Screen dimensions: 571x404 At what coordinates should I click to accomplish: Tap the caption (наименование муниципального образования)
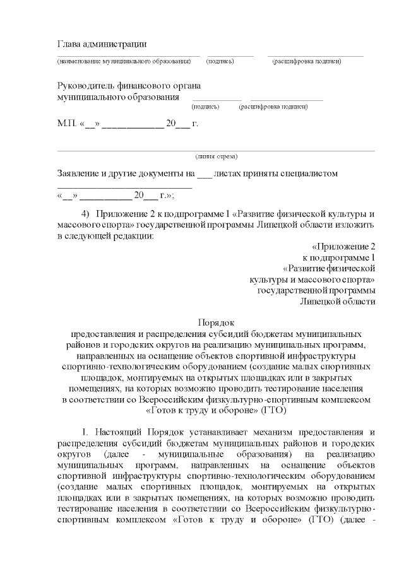tap(124, 62)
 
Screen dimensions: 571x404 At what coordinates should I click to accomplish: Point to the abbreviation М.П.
tap(66, 123)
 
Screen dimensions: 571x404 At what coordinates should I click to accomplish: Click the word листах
tap(232, 173)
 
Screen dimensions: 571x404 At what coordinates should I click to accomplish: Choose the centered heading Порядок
tap(217, 322)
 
